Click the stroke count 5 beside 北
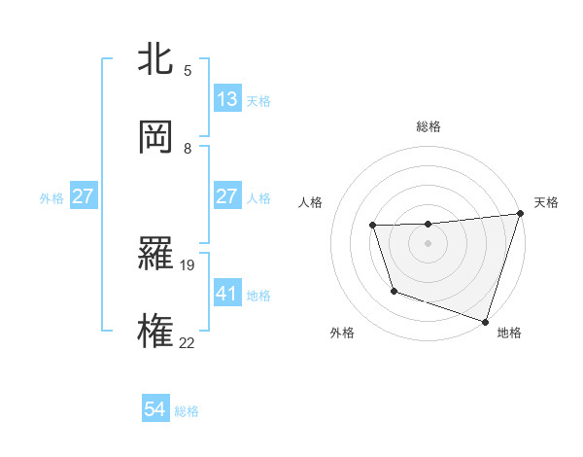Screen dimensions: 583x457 (x=188, y=70)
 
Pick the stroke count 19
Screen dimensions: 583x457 (x=189, y=264)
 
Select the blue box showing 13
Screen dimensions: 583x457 (x=227, y=99)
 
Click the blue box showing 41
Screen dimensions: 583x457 (x=227, y=293)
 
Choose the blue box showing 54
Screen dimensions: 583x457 (x=155, y=410)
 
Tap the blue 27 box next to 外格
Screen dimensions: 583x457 (x=84, y=196)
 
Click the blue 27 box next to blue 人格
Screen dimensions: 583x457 (x=227, y=196)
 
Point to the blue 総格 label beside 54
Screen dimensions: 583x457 (x=187, y=411)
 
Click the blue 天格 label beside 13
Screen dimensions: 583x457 (x=258, y=100)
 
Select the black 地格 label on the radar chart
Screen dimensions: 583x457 (x=509, y=334)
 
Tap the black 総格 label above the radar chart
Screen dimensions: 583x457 (x=429, y=126)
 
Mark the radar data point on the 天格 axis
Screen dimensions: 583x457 (x=520, y=214)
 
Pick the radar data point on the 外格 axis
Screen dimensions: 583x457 (x=394, y=291)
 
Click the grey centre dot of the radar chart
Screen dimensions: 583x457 (x=429, y=243)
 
